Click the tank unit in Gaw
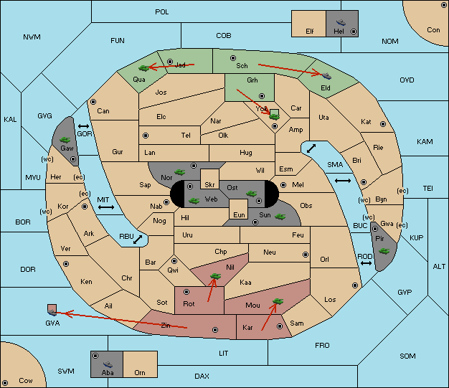tap(65, 139)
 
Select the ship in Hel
tap(339, 22)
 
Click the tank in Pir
tap(384, 251)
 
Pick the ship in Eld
tap(325, 74)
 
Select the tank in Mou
tap(278, 302)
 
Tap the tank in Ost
tap(251, 193)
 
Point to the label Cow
tap(26, 380)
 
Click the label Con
tap(433, 30)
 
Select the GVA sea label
tap(52, 323)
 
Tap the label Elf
tap(310, 32)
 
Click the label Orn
tap(140, 372)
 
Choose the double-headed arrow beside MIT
tap(106, 207)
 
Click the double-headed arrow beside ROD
tap(366, 264)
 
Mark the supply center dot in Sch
tap(232, 57)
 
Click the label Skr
tap(209, 176)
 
